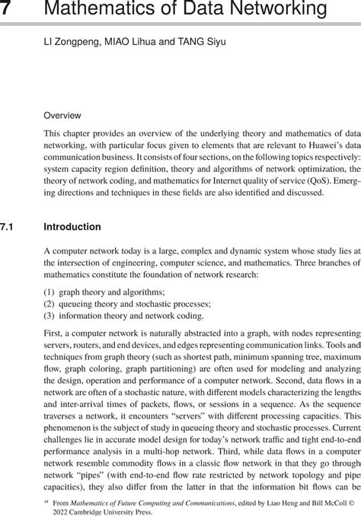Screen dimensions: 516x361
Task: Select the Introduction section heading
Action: coord(72,227)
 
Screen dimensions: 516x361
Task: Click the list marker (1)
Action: coord(50,291)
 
